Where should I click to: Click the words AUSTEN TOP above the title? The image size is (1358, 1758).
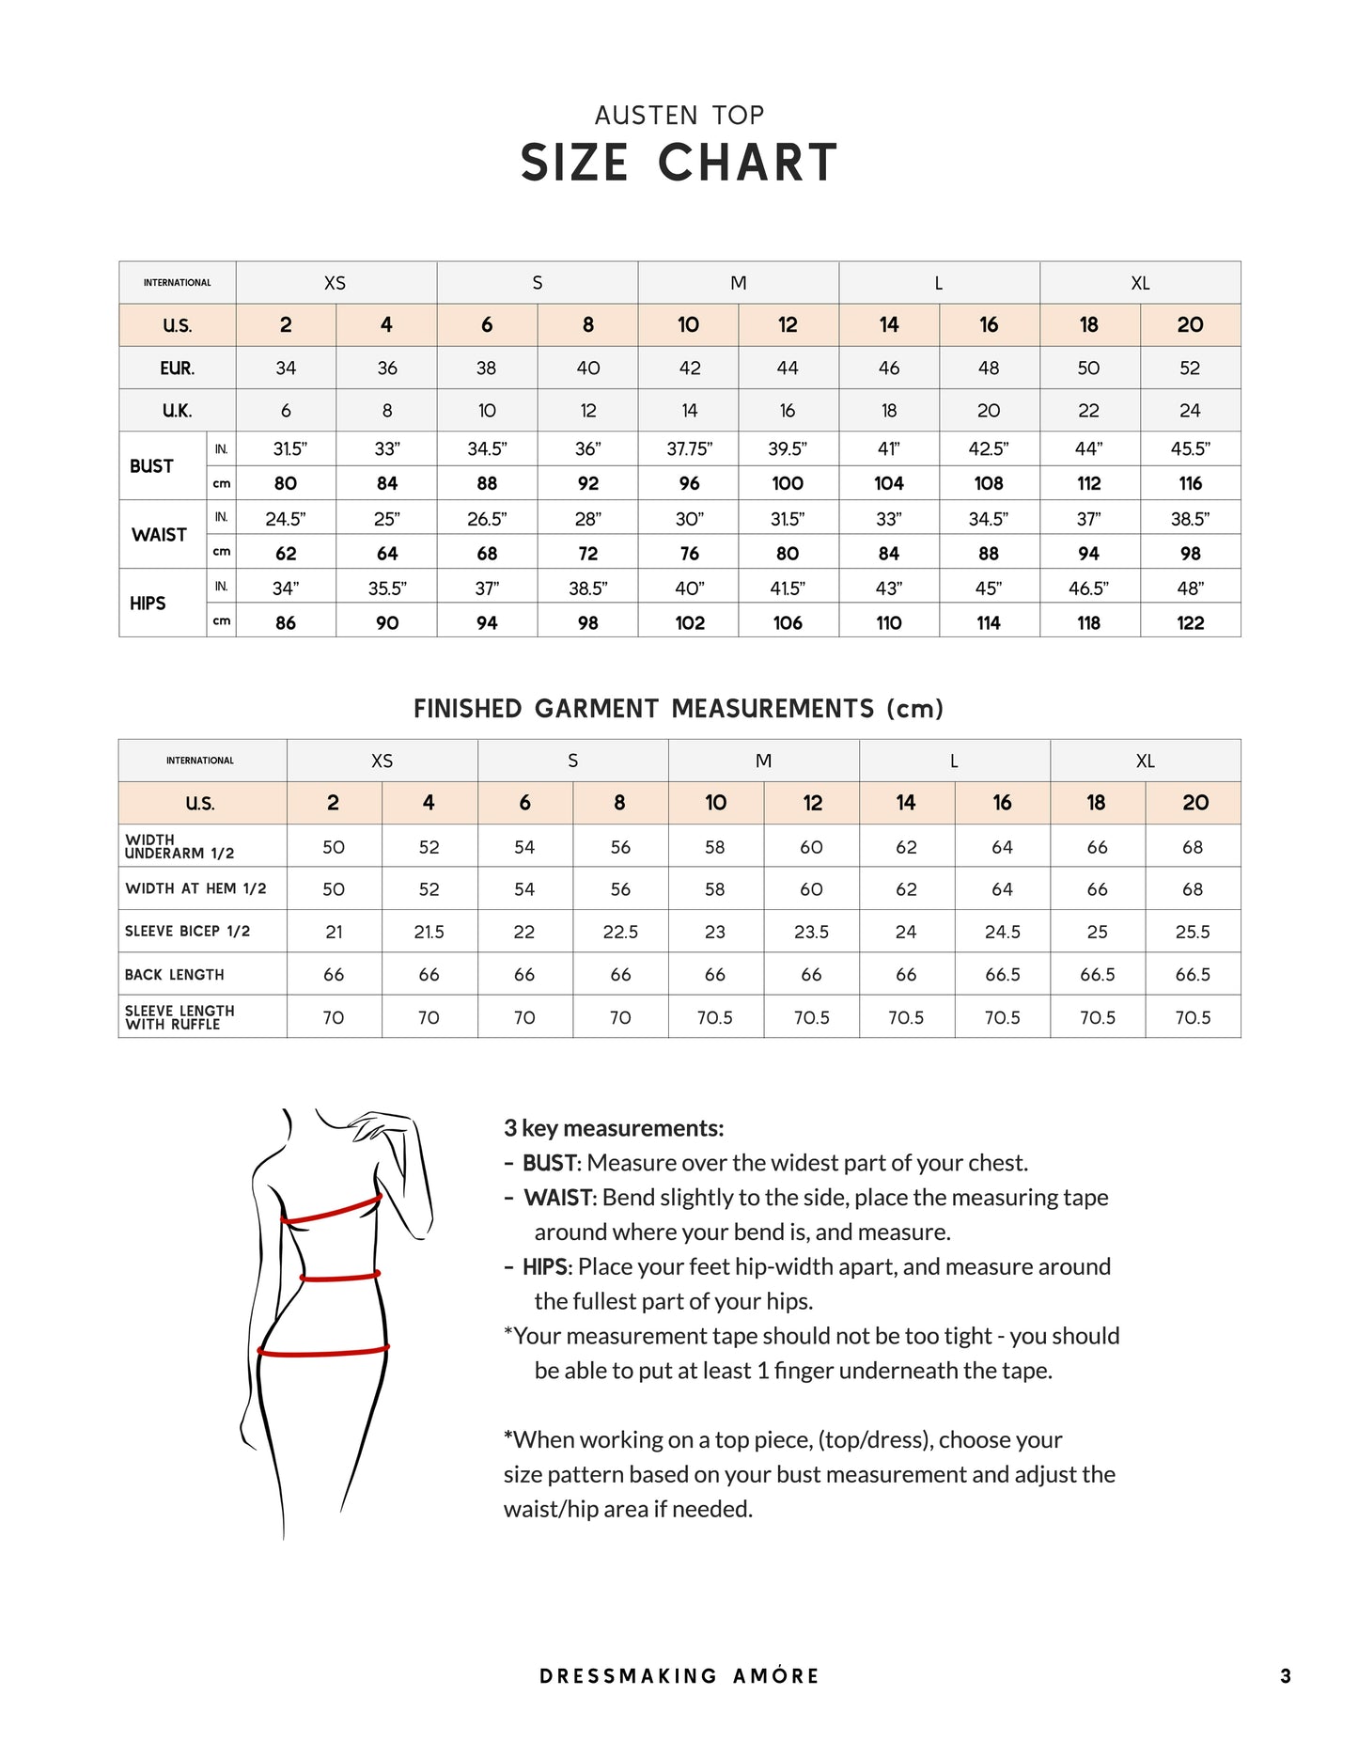click(x=679, y=116)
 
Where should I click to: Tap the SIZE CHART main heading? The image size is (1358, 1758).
click(x=679, y=163)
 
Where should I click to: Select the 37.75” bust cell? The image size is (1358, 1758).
click(x=689, y=449)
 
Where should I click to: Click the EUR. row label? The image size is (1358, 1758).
click(x=177, y=369)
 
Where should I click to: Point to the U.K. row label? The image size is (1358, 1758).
click(x=177, y=411)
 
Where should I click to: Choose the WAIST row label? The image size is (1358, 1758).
click(x=159, y=535)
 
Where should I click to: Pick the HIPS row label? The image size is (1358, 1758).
click(x=148, y=604)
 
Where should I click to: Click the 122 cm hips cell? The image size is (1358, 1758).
click(x=1190, y=622)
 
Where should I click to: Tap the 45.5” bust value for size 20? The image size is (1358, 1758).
click(x=1190, y=449)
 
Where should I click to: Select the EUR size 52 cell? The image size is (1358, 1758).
click(x=1190, y=369)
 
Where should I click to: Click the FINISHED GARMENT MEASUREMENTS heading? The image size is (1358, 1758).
click(x=679, y=709)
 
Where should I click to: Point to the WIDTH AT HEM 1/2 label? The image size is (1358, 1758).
click(x=195, y=888)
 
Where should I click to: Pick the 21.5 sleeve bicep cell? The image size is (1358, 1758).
click(x=429, y=932)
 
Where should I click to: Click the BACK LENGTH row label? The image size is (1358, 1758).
click(x=175, y=975)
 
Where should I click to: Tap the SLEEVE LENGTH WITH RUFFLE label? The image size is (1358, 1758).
click(x=180, y=1017)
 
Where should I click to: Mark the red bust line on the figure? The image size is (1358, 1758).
click(x=331, y=1212)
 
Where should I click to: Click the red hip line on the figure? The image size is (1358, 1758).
click(x=323, y=1352)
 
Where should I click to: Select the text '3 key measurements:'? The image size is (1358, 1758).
click(x=614, y=1128)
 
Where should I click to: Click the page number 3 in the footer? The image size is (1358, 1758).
click(x=1285, y=1676)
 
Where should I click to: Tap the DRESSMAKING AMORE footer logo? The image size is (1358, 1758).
click(x=679, y=1676)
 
